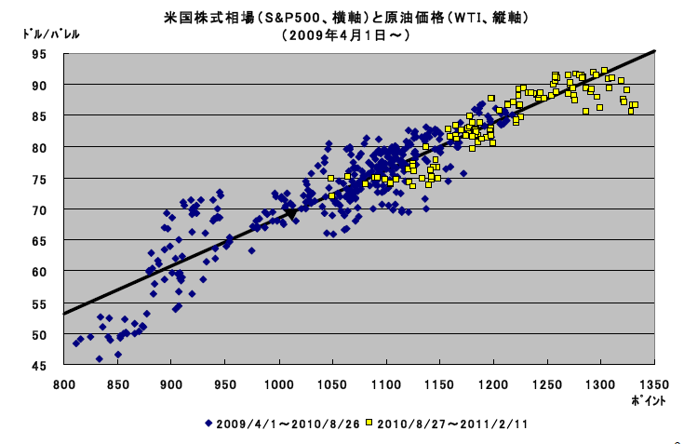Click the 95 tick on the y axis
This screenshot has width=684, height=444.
40,53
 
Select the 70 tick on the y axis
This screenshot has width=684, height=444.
40,209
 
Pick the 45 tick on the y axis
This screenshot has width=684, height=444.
40,366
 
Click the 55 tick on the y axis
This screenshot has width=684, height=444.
40,303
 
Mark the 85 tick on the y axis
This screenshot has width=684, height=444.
40,115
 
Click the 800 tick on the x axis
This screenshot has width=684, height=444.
63,383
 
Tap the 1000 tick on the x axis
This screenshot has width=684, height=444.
278,383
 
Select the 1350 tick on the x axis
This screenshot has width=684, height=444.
654,383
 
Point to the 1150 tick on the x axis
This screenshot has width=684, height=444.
439,383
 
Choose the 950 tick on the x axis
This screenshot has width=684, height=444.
224,383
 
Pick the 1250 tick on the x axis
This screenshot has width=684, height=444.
547,383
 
